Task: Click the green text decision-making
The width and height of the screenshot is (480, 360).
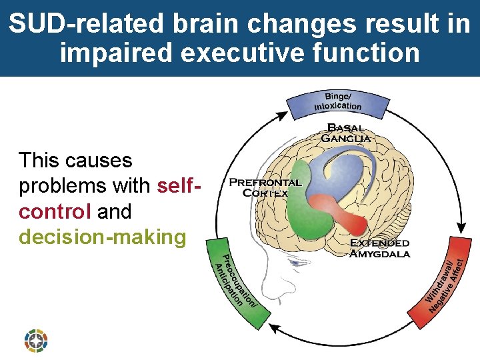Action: pyautogui.click(x=103, y=237)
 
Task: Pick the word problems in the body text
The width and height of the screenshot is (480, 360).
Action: pyautogui.click(x=57, y=186)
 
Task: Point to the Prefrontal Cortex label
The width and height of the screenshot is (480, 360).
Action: pyautogui.click(x=265, y=187)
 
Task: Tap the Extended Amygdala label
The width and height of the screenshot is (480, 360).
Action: pyautogui.click(x=379, y=247)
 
